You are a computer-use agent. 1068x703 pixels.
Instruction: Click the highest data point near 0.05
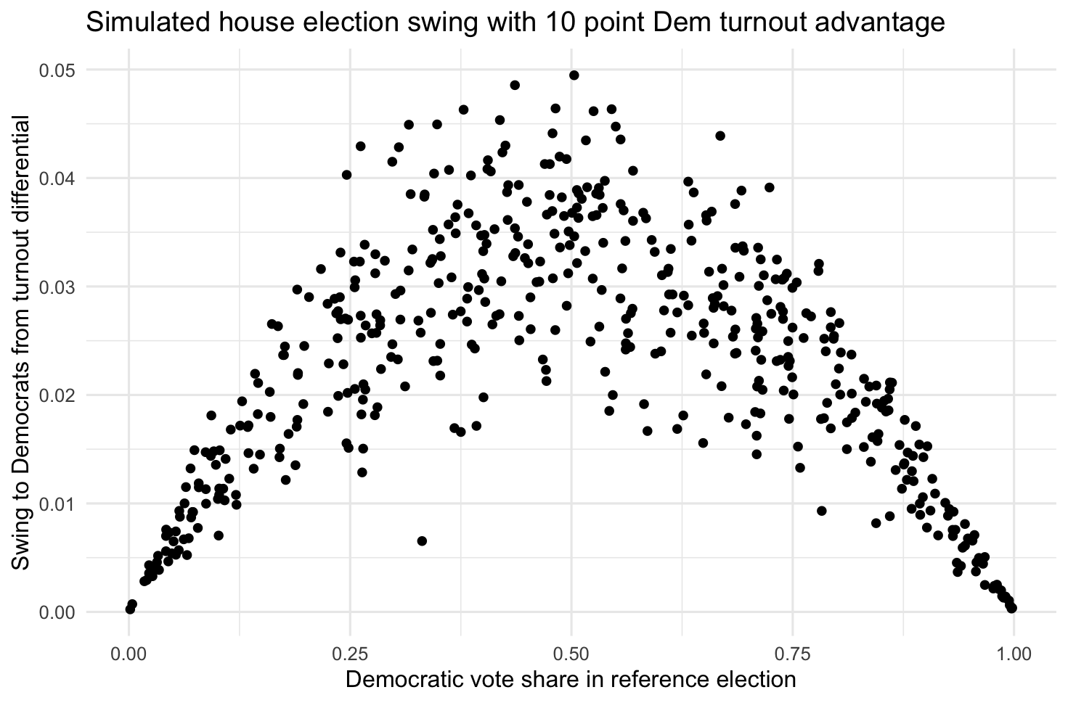pos(574,75)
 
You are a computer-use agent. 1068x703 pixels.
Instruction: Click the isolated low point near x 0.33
pos(422,540)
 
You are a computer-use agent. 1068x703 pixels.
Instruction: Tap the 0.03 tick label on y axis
pos(57,287)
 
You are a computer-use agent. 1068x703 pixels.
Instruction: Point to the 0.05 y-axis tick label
pos(57,70)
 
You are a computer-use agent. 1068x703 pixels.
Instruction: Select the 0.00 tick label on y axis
pos(57,612)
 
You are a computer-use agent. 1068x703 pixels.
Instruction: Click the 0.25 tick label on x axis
pos(350,655)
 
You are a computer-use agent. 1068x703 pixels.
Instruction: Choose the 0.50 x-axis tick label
pos(571,655)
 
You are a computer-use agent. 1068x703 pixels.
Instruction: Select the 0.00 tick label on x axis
pos(129,655)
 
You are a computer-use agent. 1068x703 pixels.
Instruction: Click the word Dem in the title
pos(678,23)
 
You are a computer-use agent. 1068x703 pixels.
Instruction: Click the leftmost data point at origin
pos(130,609)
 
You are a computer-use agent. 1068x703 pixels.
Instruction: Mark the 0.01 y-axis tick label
pos(57,503)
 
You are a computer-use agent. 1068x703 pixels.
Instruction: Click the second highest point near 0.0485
pos(515,85)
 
